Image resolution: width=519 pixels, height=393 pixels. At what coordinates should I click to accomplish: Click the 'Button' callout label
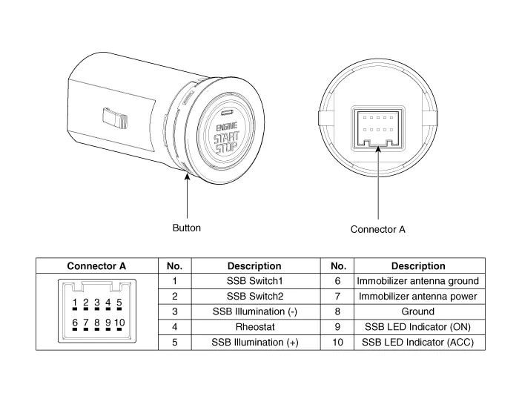(187, 228)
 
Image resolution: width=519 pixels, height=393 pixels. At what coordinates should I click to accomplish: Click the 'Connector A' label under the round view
(378, 229)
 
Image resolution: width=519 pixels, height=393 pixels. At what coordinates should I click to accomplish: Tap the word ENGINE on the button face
(227, 128)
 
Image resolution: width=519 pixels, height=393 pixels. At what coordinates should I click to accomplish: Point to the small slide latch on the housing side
(114, 116)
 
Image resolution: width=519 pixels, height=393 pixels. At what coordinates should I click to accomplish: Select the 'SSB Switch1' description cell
(254, 281)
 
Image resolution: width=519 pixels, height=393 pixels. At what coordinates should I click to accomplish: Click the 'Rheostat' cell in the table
(254, 326)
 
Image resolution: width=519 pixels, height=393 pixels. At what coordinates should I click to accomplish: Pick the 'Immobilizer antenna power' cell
(417, 297)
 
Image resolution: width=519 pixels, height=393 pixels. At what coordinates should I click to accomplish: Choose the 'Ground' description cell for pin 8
(417, 311)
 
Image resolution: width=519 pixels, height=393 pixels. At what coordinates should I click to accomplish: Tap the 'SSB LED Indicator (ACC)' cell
(417, 342)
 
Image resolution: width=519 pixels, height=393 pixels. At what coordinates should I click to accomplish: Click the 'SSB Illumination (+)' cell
(254, 342)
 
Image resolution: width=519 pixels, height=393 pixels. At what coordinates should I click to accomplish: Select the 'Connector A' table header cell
(96, 265)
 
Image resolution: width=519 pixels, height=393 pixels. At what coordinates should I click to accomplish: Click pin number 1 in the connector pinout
(75, 303)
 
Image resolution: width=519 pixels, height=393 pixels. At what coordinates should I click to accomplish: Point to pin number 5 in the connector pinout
(119, 303)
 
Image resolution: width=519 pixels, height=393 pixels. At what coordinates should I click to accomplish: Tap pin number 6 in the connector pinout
(75, 323)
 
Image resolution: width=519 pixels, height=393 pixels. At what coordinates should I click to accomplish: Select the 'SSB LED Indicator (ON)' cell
(417, 326)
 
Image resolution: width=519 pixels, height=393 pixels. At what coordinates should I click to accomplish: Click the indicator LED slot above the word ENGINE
(226, 115)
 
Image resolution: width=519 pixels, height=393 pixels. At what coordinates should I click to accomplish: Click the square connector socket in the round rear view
(378, 125)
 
